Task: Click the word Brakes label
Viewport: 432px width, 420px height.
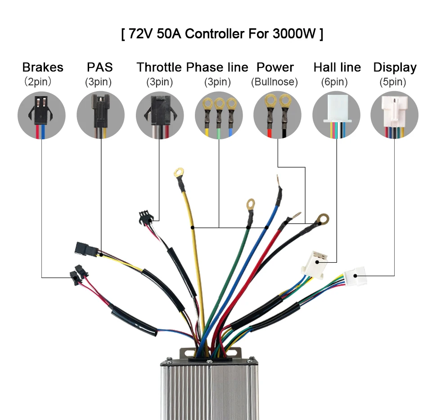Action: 43,67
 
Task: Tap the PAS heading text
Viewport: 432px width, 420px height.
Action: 100,67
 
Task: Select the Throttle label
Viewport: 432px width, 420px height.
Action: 159,67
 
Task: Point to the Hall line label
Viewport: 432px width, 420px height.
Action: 337,67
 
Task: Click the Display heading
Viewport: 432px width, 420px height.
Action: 395,68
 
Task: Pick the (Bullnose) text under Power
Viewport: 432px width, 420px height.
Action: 274,82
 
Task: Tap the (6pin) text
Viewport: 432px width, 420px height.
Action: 334,82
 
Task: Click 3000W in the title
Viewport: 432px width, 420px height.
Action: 294,34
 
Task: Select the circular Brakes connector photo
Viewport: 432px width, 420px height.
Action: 41,115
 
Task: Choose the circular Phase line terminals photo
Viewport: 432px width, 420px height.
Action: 219,115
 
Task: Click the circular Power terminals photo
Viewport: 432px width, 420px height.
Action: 278,115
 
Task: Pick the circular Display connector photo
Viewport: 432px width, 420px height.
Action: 395,115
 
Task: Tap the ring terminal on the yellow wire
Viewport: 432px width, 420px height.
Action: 179,173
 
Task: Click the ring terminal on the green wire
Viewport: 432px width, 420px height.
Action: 251,204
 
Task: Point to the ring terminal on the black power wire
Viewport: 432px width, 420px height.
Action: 323,219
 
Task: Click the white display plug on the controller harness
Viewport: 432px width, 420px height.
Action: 355,276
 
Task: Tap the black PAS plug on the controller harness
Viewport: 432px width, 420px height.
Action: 86,249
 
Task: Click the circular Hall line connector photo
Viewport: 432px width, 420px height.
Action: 337,115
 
